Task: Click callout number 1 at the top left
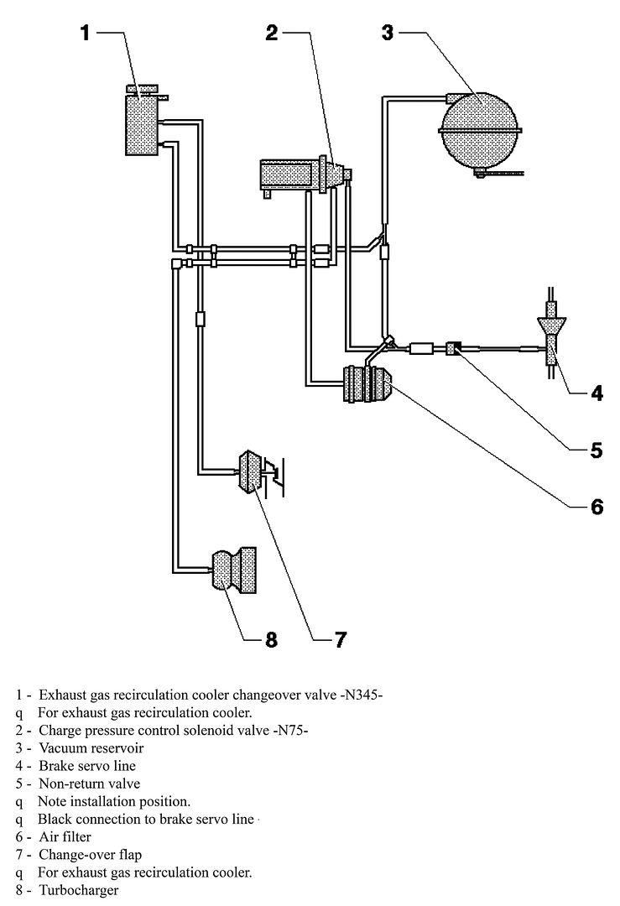pyautogui.click(x=85, y=33)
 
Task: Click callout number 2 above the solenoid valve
pyautogui.click(x=272, y=33)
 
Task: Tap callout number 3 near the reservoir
pyautogui.click(x=387, y=33)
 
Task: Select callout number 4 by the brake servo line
pyautogui.click(x=596, y=393)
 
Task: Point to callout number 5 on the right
pyautogui.click(x=596, y=450)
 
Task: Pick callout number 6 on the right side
pyautogui.click(x=596, y=507)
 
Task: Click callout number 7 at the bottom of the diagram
pyautogui.click(x=341, y=639)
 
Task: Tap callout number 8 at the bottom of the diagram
pyautogui.click(x=271, y=639)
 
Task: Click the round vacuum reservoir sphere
pyautogui.click(x=480, y=131)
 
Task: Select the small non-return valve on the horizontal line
pyautogui.click(x=454, y=348)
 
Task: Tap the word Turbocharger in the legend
pyautogui.click(x=79, y=890)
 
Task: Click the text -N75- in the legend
pyautogui.click(x=289, y=731)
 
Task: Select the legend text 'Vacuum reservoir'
pyautogui.click(x=91, y=748)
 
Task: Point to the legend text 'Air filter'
pyautogui.click(x=65, y=836)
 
